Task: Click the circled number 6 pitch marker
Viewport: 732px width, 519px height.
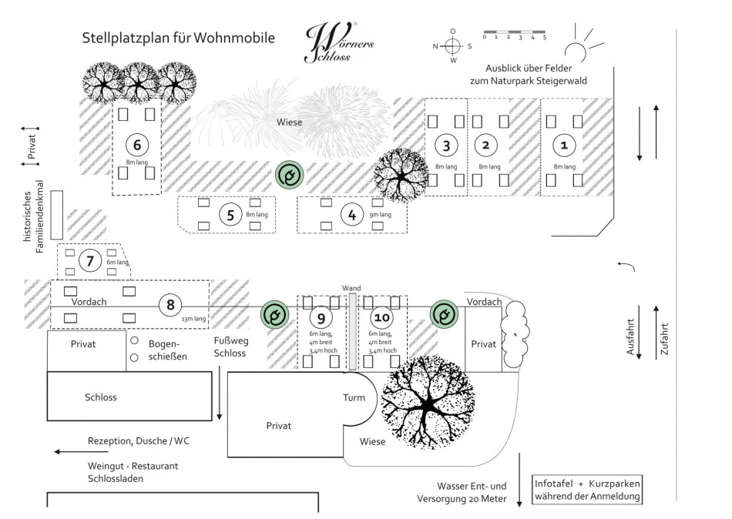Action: click(136, 145)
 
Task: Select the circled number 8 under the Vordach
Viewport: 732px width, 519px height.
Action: click(169, 305)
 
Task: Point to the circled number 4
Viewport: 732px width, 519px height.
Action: click(352, 215)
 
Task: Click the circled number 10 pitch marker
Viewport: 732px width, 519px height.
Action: click(381, 317)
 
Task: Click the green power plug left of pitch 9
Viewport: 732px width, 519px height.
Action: click(274, 315)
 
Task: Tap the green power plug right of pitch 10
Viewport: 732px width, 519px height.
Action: click(443, 314)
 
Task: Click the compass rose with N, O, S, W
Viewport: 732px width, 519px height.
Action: click(453, 45)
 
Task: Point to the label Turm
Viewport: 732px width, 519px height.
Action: click(354, 397)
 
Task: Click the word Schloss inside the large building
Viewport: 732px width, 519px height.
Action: click(100, 397)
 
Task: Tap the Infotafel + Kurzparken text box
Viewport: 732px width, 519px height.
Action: click(588, 491)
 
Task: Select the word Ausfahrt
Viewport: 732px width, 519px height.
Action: click(632, 337)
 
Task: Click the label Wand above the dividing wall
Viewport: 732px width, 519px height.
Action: click(351, 288)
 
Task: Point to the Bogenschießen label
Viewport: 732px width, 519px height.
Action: click(168, 350)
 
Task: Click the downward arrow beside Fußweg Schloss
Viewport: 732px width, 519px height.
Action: click(220, 393)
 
